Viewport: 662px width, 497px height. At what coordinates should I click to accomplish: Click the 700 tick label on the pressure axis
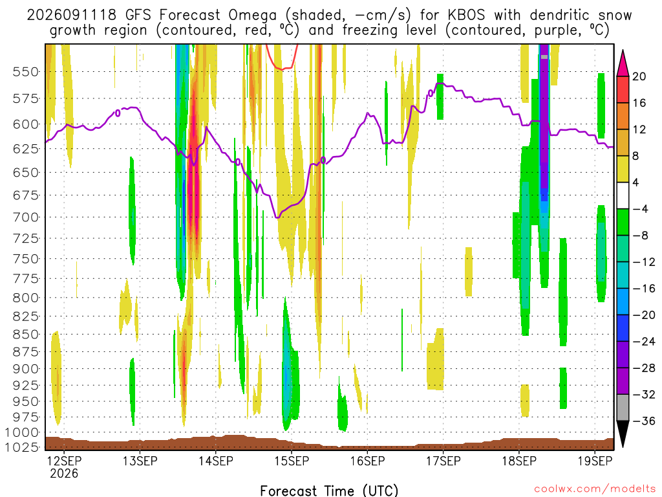tap(26, 217)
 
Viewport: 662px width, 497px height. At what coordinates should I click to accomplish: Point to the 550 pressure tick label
tap(26, 72)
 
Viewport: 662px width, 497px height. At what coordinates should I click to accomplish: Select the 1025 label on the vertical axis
tap(22, 447)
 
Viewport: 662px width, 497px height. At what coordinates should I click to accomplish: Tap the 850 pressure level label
tap(26, 335)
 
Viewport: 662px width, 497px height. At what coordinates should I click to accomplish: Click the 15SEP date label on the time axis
tap(292, 461)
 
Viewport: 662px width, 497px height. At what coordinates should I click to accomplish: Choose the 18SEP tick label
tap(519, 461)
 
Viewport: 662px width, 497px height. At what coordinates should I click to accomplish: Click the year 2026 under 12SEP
tap(64, 473)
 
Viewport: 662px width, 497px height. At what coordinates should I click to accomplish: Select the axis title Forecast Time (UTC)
tap(329, 491)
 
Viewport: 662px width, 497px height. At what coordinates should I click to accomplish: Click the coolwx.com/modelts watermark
tap(595, 489)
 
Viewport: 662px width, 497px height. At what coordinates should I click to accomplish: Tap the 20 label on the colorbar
tap(639, 76)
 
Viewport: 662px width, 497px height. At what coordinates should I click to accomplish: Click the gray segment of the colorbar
tap(623, 408)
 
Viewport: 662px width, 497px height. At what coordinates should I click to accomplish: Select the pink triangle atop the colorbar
tap(623, 64)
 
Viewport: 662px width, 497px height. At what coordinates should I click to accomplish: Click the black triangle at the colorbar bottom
tap(623, 433)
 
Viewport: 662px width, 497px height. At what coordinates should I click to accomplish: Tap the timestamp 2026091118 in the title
tap(72, 16)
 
